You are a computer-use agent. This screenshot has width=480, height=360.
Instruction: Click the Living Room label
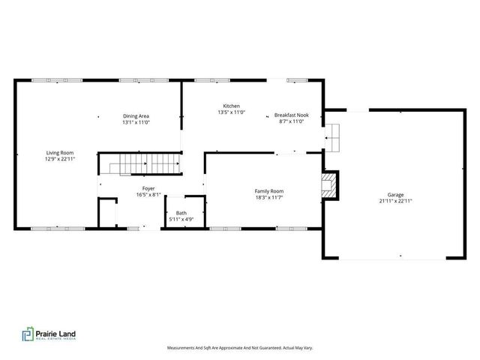click(60, 152)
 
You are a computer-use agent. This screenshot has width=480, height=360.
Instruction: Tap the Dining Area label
click(136, 115)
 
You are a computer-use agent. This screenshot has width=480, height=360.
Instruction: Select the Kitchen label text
click(231, 106)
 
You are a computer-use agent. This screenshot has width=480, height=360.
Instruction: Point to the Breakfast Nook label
click(290, 115)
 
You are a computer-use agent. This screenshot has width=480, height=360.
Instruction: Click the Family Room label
click(268, 191)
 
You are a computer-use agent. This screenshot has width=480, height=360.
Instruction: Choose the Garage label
click(395, 194)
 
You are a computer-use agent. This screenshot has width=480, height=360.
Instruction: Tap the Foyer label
click(148, 188)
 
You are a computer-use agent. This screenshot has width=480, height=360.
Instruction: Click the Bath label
click(181, 213)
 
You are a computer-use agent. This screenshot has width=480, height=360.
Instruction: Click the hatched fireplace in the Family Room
click(328, 185)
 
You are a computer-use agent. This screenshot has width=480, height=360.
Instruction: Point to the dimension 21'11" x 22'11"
click(395, 201)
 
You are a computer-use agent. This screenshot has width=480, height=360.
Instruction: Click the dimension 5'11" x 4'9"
click(181, 220)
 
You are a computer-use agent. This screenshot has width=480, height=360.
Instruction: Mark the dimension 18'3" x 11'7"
click(268, 198)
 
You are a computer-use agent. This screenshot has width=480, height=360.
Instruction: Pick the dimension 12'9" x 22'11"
click(60, 159)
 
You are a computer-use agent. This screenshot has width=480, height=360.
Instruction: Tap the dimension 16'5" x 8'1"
click(148, 195)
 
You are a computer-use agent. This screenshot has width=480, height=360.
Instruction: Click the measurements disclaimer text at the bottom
click(239, 348)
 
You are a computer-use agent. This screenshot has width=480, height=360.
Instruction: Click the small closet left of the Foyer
click(107, 211)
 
